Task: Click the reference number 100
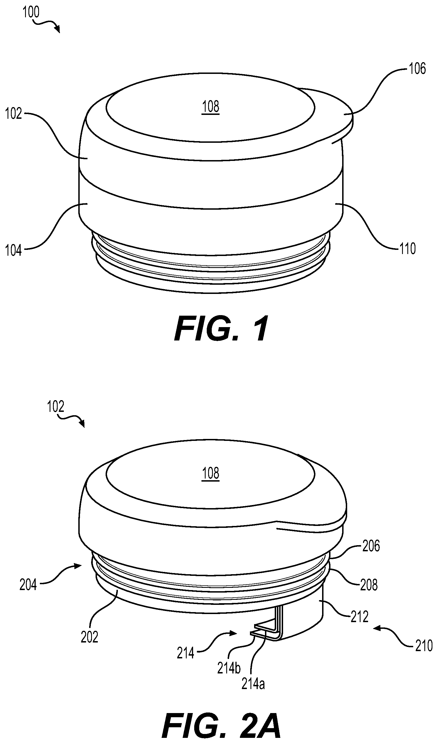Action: click(x=31, y=12)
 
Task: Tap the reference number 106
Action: click(x=417, y=69)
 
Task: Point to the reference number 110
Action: click(x=408, y=249)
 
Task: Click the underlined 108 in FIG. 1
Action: click(x=211, y=107)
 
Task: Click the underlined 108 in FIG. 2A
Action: click(x=211, y=473)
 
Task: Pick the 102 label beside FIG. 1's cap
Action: click(x=14, y=114)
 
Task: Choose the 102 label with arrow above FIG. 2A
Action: click(x=55, y=407)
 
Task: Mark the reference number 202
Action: click(x=89, y=637)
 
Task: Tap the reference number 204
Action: click(x=28, y=585)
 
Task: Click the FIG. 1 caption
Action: click(x=221, y=328)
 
